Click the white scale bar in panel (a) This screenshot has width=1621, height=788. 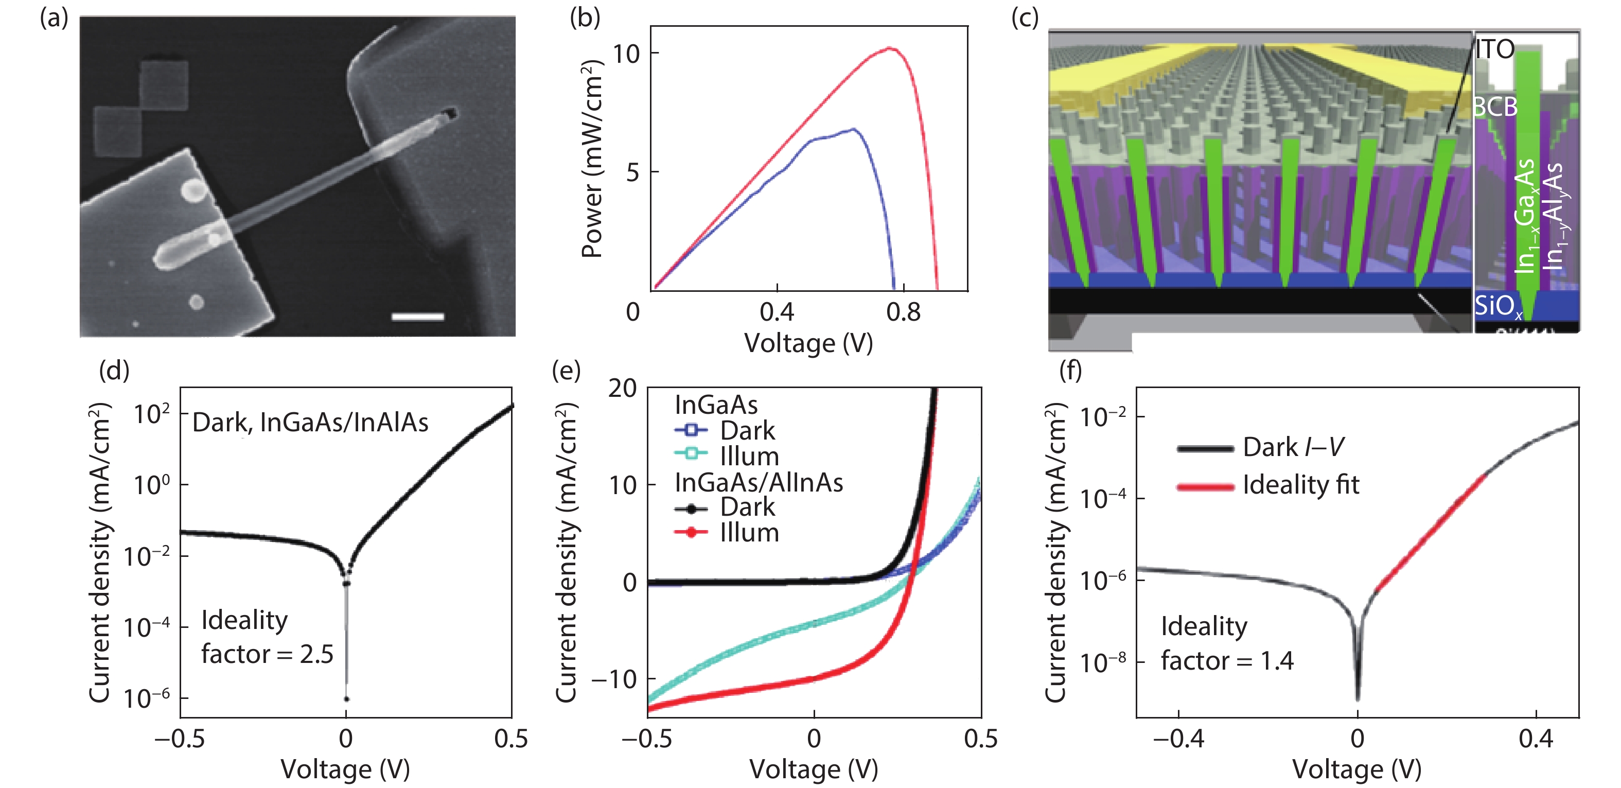coord(417,317)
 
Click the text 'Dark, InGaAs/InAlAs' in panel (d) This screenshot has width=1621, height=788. coord(310,423)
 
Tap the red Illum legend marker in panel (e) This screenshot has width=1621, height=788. coord(691,533)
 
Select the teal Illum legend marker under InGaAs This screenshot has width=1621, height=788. coord(691,452)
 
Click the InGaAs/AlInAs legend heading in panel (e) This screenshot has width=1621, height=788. coord(759,482)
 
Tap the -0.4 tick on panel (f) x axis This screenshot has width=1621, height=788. coord(1178,738)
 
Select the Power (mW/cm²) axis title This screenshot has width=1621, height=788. coord(591,159)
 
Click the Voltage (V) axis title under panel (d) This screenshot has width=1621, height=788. coord(345,769)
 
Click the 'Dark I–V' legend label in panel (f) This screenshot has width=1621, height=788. coord(1293,447)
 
